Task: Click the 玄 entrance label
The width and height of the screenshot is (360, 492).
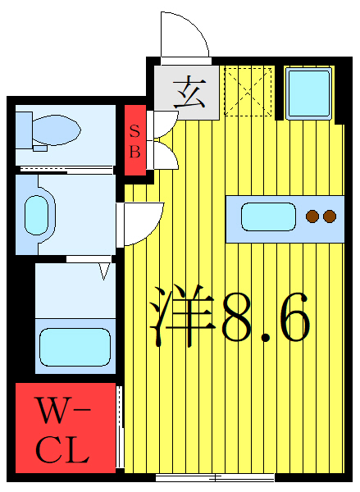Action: click(190, 91)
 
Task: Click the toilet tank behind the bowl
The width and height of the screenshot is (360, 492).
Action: click(25, 128)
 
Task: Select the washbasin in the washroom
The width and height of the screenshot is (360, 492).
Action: click(36, 215)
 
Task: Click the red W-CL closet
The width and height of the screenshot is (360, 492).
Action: click(65, 430)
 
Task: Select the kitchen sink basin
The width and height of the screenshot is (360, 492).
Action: click(268, 217)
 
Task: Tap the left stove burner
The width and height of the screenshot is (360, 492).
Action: click(312, 216)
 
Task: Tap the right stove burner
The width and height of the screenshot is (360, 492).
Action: click(330, 216)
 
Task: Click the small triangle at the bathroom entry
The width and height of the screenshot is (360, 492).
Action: click(104, 270)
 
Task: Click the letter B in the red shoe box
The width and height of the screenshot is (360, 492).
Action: click(135, 152)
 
